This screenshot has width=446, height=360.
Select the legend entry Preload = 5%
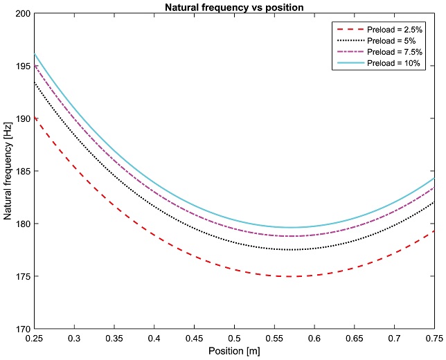pos(393,41)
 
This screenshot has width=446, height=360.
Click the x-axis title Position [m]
pos(234,351)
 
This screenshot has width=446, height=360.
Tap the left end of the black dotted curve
pos(34,82)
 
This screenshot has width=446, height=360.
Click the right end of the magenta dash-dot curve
pos(434,188)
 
